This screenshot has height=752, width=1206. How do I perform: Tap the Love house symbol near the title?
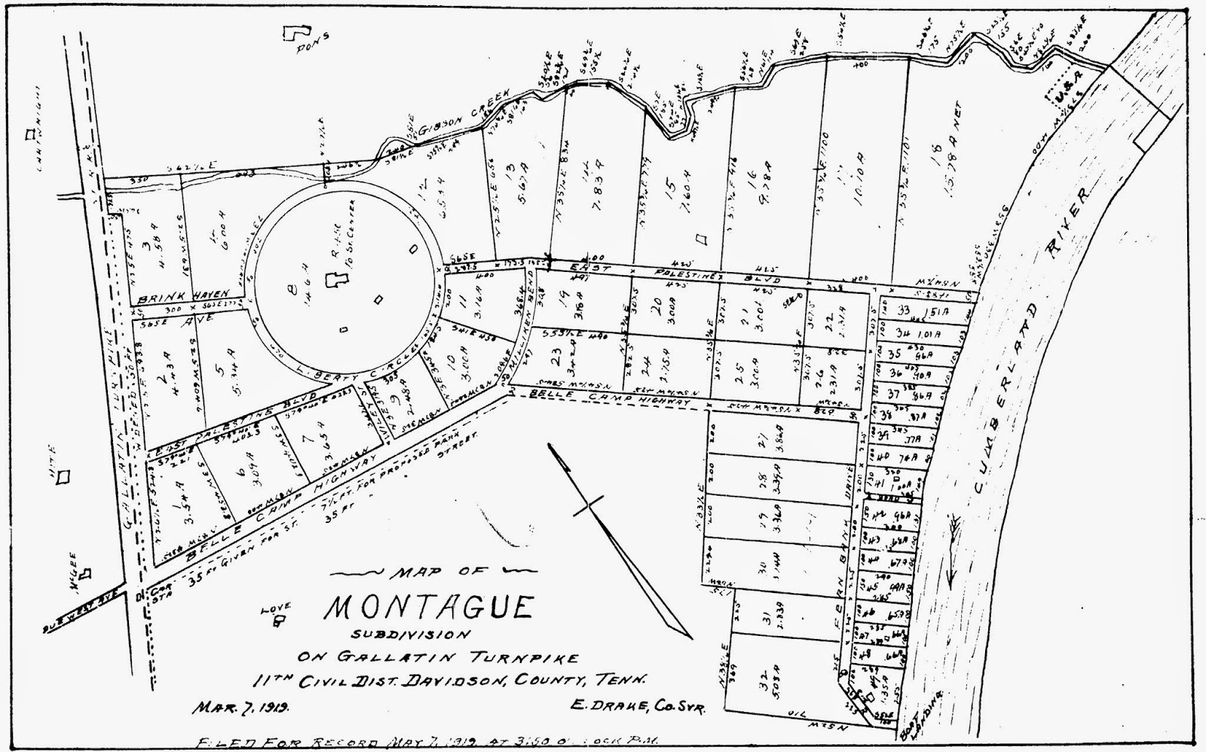pyautogui.click(x=279, y=621)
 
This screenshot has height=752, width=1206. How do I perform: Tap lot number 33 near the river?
pyautogui.click(x=904, y=310)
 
